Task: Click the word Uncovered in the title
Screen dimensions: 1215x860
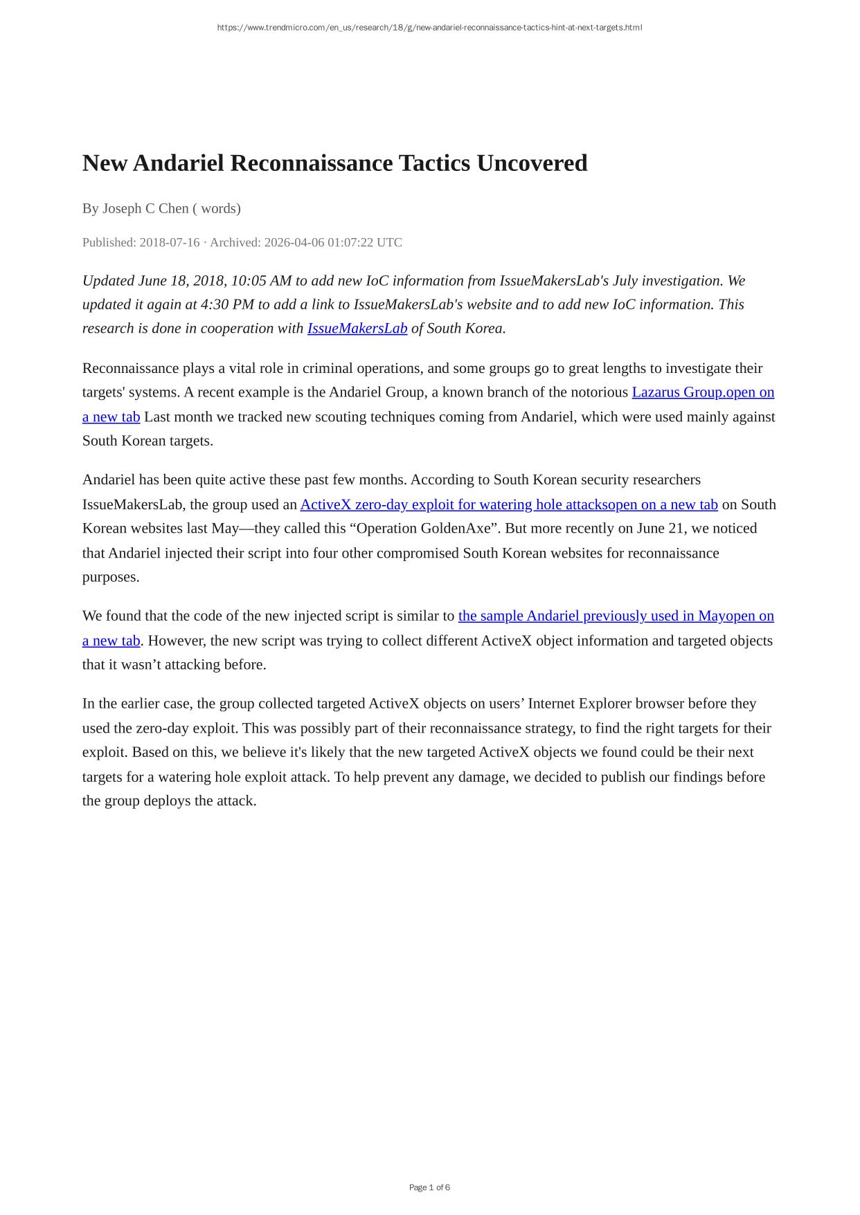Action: point(532,163)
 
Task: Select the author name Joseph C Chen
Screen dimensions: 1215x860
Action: point(145,208)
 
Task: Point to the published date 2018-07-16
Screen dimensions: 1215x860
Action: point(170,242)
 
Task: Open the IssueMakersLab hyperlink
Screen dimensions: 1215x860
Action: point(357,328)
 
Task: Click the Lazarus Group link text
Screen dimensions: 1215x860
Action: point(677,392)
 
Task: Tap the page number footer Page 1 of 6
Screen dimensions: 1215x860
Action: point(429,1187)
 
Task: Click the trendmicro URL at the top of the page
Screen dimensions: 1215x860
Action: point(429,28)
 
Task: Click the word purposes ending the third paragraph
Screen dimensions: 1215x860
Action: point(111,577)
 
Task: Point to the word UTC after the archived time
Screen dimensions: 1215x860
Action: point(389,242)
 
